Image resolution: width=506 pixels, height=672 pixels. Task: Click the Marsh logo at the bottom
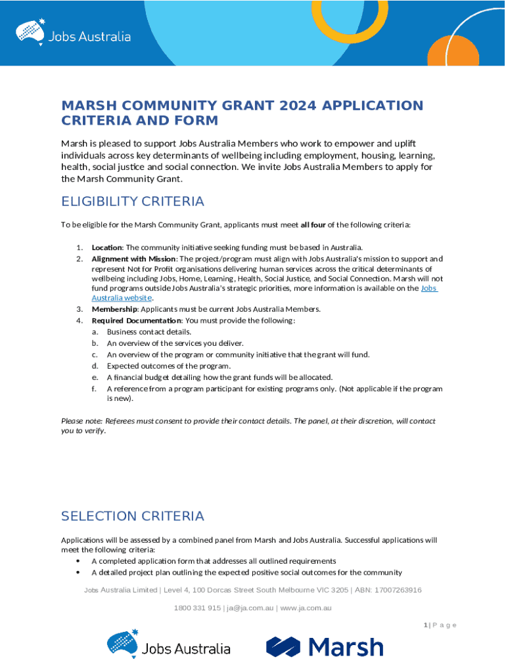tap(325, 647)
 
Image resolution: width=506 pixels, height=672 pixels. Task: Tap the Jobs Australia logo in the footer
tap(169, 646)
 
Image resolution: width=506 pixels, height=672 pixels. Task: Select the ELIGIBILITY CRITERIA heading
tap(132, 201)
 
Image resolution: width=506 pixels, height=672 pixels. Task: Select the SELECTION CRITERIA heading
tap(132, 516)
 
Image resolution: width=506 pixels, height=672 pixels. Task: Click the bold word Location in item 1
tap(106, 247)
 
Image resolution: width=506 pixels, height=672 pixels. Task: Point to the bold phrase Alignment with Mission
tap(133, 259)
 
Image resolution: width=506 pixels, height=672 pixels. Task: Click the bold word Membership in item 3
tap(114, 309)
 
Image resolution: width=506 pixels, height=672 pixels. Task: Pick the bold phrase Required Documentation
tap(136, 320)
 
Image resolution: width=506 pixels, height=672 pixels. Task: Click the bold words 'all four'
tap(313, 224)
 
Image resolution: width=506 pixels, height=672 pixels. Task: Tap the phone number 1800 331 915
tap(197, 608)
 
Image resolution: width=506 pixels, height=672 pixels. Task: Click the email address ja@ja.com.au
tap(250, 608)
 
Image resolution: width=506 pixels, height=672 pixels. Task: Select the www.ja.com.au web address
tap(306, 608)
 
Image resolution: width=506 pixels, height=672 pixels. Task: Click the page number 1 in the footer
tap(425, 625)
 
